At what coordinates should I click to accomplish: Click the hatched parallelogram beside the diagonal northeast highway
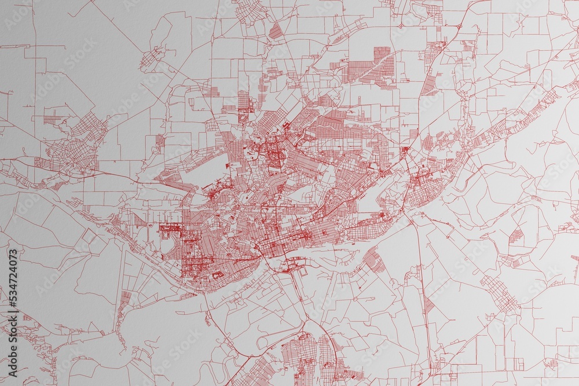click(x=429, y=84)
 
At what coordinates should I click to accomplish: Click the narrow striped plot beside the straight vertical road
click(x=429, y=303)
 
